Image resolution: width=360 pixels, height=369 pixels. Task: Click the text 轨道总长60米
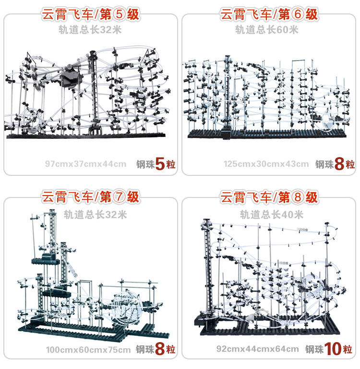tap(266, 30)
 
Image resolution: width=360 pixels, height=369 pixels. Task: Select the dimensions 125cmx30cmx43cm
tap(266, 164)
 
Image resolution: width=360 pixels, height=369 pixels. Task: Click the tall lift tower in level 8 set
tap(207, 269)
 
